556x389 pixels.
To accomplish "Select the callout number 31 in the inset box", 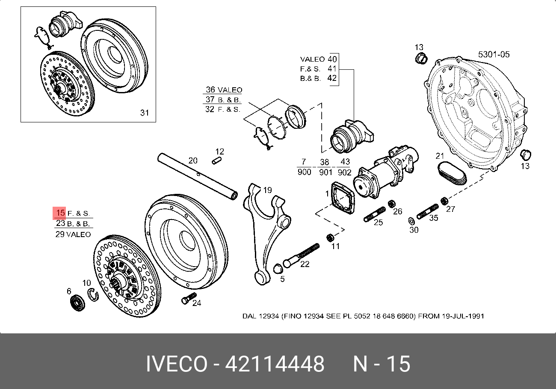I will click(x=145, y=113).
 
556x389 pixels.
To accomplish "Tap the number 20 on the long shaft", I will click(x=193, y=161).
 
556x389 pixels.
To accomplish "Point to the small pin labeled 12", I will click(x=217, y=161).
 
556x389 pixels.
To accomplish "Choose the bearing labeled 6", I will click(x=77, y=302).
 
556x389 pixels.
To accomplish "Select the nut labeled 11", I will click(x=330, y=237).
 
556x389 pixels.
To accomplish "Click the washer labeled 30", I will click(x=411, y=221).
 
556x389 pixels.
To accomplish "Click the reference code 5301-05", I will click(x=494, y=54).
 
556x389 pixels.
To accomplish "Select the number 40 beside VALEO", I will click(x=332, y=59).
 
